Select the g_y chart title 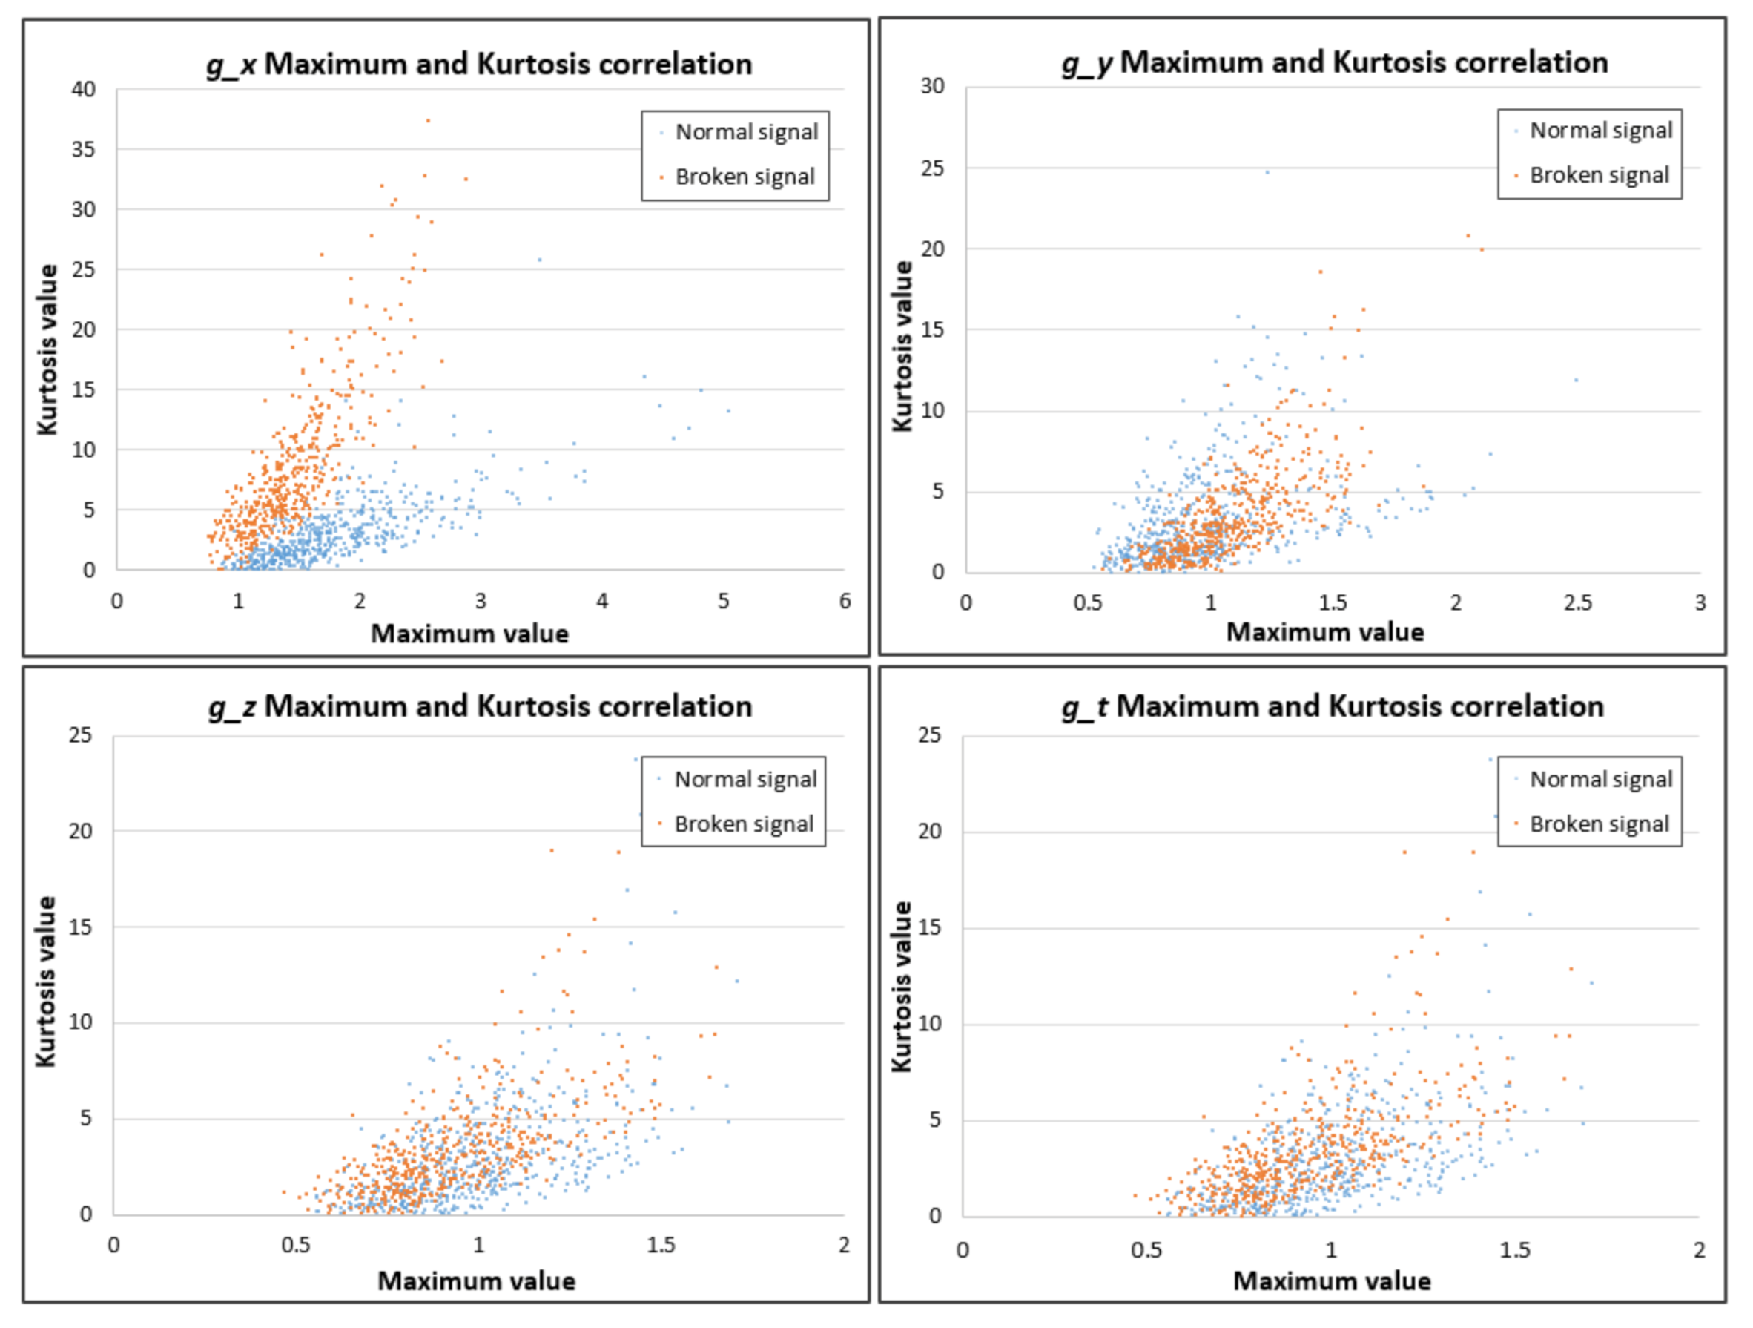(x=1335, y=62)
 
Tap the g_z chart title (x=480, y=706)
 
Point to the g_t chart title (x=1333, y=706)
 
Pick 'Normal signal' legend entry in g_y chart (x=1600, y=131)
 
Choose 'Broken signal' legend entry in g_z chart (x=742, y=824)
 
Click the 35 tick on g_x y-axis (x=83, y=149)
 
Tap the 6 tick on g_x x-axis (x=845, y=601)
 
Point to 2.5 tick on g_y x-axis (x=1578, y=602)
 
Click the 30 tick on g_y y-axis (x=933, y=85)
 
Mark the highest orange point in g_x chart (x=428, y=120)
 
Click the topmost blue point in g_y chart (x=1267, y=171)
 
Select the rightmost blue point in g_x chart (x=728, y=411)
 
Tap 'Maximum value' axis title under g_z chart (x=476, y=1281)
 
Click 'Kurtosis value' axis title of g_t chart (x=901, y=987)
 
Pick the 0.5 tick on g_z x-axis (x=296, y=1246)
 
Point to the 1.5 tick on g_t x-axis (x=1514, y=1250)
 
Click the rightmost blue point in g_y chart (x=1577, y=381)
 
